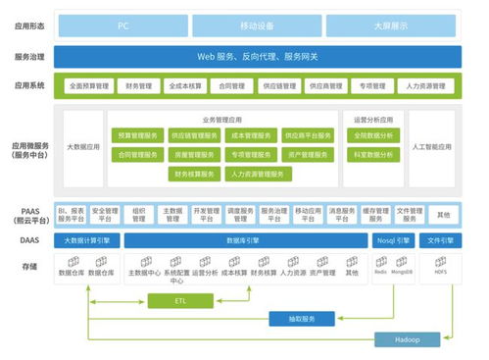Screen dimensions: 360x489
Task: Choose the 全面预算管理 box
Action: [x=89, y=86]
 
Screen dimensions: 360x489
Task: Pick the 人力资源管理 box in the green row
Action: [x=424, y=86]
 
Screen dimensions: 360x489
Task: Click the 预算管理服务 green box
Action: [x=138, y=135]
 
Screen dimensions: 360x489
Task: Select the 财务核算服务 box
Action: [x=194, y=174]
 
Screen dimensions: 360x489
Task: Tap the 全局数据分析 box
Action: [x=373, y=135]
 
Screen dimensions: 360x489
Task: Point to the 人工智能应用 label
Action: [x=432, y=147]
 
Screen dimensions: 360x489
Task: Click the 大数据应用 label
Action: [x=84, y=147]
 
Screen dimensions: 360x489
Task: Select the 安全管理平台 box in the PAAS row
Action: [x=105, y=214]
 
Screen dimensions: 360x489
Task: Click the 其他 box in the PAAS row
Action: [x=443, y=214]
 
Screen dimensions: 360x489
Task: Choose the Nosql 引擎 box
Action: [x=395, y=239]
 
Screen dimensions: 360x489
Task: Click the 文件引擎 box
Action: [x=442, y=239]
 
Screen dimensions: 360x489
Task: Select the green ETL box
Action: [x=179, y=300]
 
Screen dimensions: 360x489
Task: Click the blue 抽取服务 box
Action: [x=302, y=319]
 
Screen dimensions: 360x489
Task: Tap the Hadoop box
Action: [x=407, y=339]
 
